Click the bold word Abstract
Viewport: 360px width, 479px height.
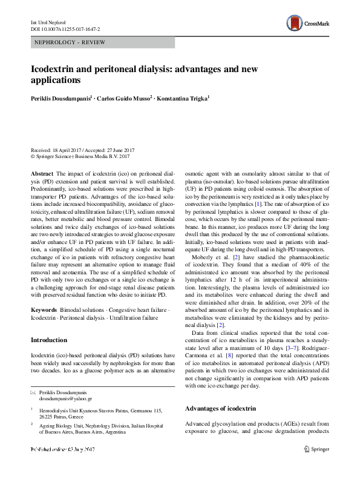[x=42, y=173]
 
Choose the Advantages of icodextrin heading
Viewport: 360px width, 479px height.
[x=224, y=409]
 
